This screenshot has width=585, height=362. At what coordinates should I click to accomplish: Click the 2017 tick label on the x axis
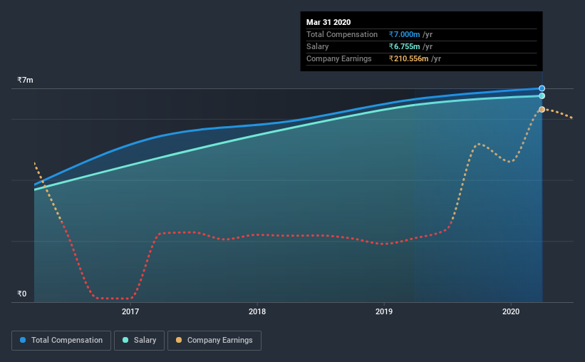click(130, 311)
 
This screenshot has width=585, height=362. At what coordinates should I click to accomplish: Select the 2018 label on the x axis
click(257, 311)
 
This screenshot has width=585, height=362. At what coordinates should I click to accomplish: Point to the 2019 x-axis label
click(384, 311)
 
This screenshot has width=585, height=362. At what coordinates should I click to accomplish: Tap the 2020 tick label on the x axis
click(511, 311)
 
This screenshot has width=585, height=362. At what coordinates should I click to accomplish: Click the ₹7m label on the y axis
click(26, 81)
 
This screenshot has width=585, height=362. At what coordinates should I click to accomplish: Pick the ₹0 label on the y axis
click(22, 294)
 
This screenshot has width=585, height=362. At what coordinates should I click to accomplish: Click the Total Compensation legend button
click(61, 341)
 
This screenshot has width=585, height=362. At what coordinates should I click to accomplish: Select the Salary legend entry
click(140, 341)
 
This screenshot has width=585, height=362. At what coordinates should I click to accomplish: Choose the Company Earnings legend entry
click(214, 341)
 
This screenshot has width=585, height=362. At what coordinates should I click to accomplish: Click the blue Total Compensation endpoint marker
click(542, 88)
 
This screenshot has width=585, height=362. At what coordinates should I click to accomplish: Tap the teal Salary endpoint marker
click(542, 95)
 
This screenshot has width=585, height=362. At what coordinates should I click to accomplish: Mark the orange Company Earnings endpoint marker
click(542, 109)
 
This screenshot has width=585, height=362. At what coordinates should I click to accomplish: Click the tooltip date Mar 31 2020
click(328, 22)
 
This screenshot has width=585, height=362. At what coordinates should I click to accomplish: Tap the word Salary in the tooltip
click(318, 46)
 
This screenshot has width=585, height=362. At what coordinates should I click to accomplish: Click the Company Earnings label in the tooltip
click(339, 58)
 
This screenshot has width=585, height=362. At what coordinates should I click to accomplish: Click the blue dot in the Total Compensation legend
click(24, 341)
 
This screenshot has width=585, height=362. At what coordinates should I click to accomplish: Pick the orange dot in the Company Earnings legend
click(179, 341)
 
